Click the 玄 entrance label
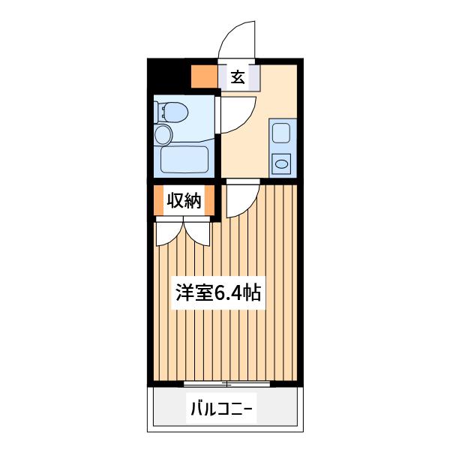click(x=238, y=77)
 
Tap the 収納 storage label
click(x=184, y=200)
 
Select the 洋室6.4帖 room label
click(x=218, y=292)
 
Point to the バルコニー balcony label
click(x=221, y=409)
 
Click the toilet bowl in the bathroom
click(x=175, y=112)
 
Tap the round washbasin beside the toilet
click(x=163, y=135)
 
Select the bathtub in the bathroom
click(x=184, y=160)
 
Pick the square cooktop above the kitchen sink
click(x=281, y=133)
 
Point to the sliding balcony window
click(x=226, y=384)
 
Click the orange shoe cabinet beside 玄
click(x=204, y=76)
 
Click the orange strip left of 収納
click(x=158, y=200)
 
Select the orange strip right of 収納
click(x=210, y=200)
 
